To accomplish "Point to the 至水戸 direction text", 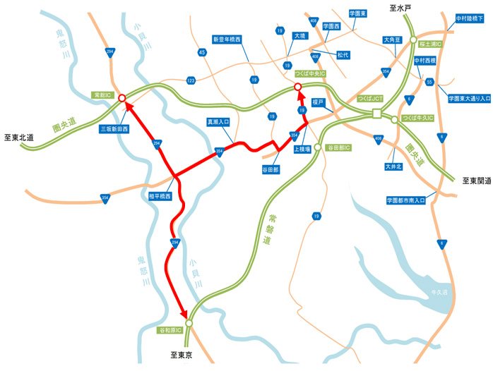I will coord(400,8).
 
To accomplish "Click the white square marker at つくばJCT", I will coord(377,114).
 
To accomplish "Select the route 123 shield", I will coord(191,82).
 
